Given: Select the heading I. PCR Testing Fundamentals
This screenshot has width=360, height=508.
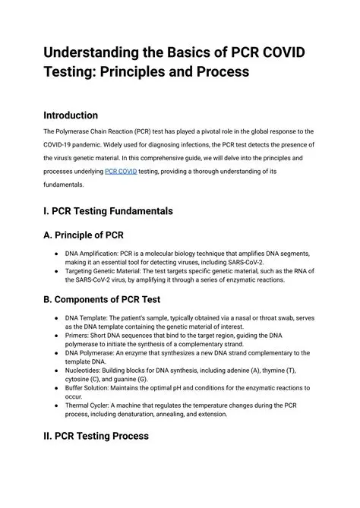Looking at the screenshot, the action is pyautogui.click(x=108, y=210).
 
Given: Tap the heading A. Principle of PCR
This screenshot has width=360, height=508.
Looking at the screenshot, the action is pyautogui.click(x=90, y=235).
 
